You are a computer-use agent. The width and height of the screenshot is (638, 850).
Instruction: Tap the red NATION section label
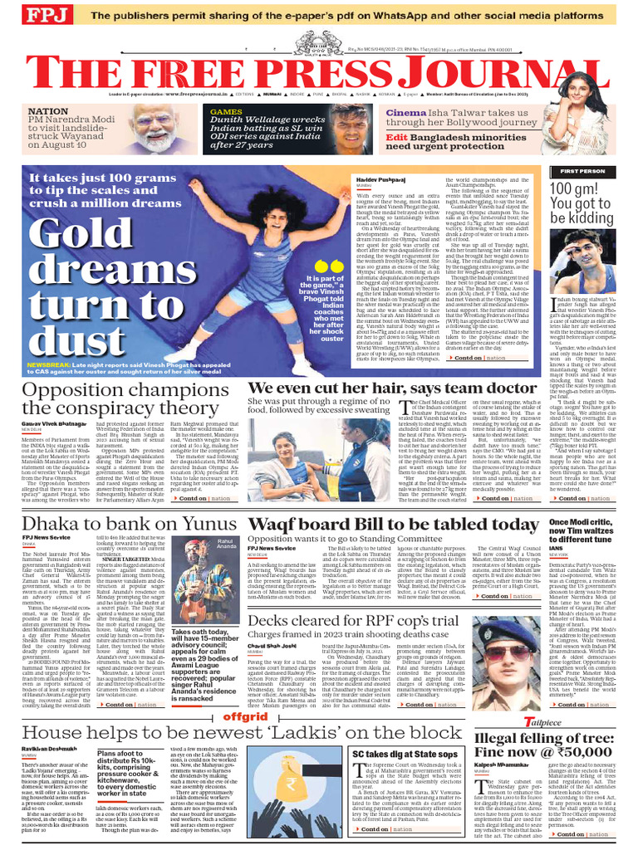point(47,110)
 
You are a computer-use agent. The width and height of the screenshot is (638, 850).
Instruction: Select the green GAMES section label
point(226,110)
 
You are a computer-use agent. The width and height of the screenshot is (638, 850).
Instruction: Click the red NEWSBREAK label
point(52,364)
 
